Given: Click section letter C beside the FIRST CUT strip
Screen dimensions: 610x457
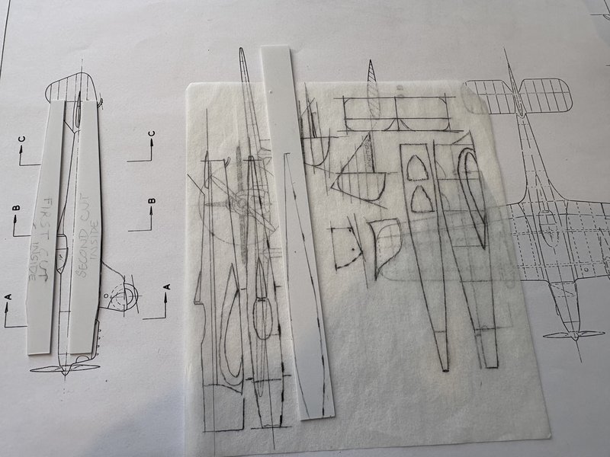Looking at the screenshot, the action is (x=22, y=139).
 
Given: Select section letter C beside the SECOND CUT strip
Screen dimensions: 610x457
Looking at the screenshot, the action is (x=152, y=134).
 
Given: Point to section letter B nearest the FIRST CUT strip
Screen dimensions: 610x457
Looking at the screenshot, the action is (x=16, y=208).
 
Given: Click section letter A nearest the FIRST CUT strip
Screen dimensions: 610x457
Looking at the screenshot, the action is (x=8, y=297).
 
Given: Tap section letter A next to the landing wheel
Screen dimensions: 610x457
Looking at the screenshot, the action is (x=167, y=287).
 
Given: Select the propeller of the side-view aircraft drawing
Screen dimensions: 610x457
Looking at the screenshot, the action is (x=65, y=368).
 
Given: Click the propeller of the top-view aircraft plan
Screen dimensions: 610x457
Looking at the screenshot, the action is (x=573, y=334).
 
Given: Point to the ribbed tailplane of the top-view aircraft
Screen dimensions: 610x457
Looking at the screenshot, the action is (x=518, y=96).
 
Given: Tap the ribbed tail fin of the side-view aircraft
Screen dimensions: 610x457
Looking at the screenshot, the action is (x=72, y=88).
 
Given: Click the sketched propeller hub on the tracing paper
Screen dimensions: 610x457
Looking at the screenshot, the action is (x=242, y=203).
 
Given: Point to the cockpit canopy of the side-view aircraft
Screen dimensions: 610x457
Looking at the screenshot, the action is (x=63, y=252).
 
